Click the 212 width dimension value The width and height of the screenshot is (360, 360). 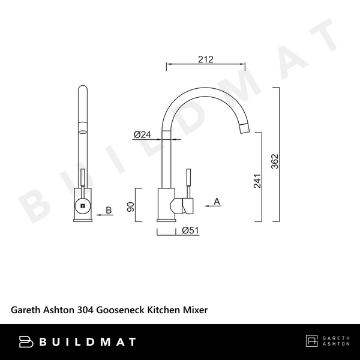pos(205,59)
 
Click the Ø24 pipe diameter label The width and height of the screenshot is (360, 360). pos(142,134)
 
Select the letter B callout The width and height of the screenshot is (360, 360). pos(109,210)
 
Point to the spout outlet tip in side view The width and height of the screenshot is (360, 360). pos(244,127)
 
